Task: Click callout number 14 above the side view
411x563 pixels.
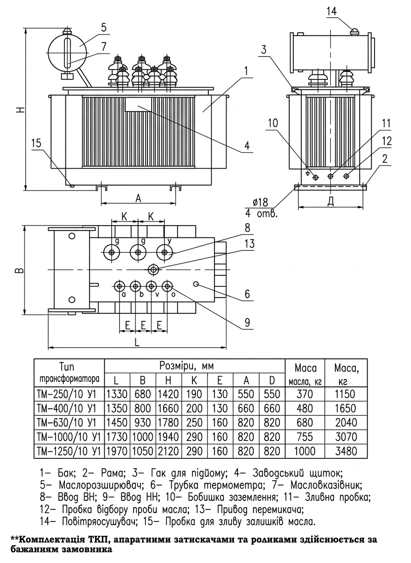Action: tap(332, 12)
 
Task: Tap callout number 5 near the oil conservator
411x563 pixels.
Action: tap(104, 27)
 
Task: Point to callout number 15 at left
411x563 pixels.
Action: tap(36, 143)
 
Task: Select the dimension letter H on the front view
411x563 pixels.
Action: tap(21, 109)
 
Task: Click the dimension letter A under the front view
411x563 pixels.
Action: tap(138, 199)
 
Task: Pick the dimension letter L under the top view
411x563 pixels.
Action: tap(137, 342)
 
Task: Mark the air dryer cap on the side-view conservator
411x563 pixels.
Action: tap(354, 31)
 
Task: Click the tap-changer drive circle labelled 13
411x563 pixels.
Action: tap(153, 270)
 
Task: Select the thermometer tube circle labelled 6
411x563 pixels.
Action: tap(196, 284)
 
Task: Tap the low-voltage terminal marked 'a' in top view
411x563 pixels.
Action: tap(120, 286)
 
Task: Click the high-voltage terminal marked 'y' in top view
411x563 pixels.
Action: tap(164, 253)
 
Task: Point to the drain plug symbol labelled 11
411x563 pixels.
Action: tap(330, 176)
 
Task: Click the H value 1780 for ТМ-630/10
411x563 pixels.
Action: tap(168, 423)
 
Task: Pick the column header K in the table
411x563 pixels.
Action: tap(194, 380)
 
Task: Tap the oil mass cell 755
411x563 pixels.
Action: tap(305, 437)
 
